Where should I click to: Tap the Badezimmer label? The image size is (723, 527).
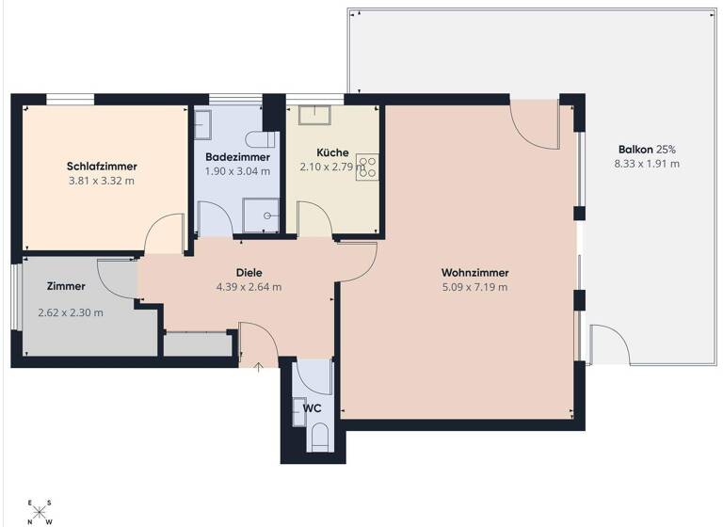pos(237,156)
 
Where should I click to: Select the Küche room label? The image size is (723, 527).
pos(332,152)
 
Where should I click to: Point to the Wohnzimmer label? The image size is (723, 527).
pos(474,273)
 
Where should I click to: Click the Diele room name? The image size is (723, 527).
pos(249,273)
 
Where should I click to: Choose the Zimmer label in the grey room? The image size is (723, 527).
pos(66,286)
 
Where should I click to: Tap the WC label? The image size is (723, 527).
pos(313,408)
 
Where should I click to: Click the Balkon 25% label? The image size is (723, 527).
pos(647,149)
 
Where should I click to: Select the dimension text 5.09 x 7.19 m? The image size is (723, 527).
pos(474,288)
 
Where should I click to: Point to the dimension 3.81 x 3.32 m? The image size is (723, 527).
pos(101,180)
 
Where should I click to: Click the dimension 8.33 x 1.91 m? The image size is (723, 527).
pos(647,164)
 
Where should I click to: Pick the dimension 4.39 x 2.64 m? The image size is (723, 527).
pos(249,288)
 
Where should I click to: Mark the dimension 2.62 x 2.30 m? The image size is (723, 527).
pos(71,312)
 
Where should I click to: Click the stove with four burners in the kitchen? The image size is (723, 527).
pos(367,167)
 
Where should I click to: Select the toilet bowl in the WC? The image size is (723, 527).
pos(319,436)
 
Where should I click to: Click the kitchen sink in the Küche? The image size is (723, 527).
pos(313,115)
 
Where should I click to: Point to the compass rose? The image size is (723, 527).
pos(40,512)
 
